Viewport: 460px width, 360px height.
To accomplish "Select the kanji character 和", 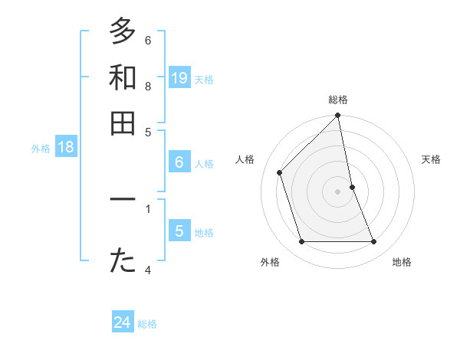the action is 123,77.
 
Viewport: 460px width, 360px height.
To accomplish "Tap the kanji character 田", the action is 123,123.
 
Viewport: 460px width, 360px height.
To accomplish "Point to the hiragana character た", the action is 123,261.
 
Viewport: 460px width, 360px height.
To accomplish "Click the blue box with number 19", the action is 179,77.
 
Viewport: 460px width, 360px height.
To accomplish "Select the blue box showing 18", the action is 66,148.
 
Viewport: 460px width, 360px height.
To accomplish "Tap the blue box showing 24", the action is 123,323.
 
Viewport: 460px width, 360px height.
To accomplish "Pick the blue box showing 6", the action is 179,162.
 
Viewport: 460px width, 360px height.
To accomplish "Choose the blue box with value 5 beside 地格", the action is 179,231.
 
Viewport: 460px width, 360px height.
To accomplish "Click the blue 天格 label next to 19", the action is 204,80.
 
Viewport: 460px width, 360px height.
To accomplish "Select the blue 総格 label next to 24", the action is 147,325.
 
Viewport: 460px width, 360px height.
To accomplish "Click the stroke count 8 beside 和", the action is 148,86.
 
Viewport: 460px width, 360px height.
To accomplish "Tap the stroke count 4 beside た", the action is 148,270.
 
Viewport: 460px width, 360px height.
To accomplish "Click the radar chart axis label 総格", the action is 338,100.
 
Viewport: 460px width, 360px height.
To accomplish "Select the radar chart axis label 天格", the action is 431,159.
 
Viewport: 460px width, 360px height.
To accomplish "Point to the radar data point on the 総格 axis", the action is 338,116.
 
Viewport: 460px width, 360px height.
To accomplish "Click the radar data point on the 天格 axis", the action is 353,187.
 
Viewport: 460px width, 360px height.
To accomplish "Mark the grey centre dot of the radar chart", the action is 338,191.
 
